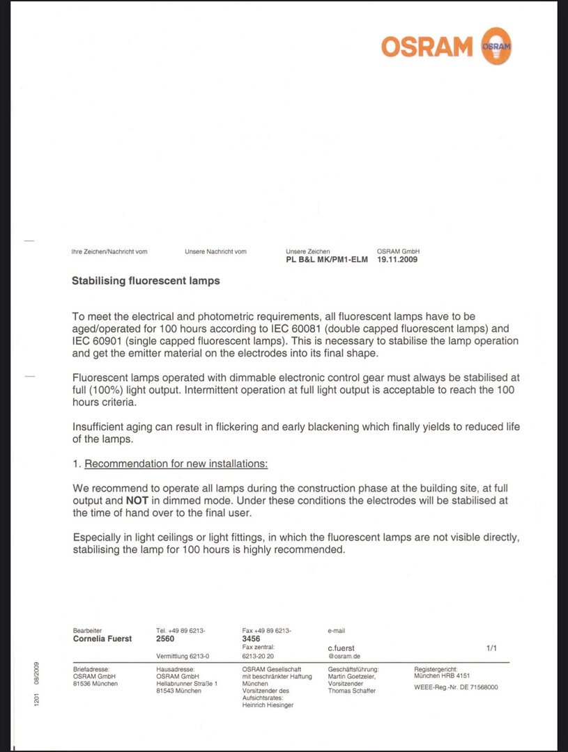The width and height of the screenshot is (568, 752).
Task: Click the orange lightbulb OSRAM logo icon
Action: click(496, 46)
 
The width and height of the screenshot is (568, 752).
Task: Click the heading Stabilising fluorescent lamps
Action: click(146, 281)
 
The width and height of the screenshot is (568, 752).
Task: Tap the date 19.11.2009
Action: click(398, 260)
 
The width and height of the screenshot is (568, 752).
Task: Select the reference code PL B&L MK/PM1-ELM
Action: click(327, 260)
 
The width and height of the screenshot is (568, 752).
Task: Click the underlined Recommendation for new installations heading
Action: click(176, 464)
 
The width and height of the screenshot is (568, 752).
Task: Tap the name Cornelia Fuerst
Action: click(102, 639)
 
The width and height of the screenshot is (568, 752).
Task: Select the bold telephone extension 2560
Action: click(166, 639)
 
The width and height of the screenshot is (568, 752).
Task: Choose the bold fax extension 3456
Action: click(252, 639)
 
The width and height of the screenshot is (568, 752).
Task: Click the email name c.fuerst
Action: click(341, 648)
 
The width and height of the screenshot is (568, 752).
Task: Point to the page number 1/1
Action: click(491, 648)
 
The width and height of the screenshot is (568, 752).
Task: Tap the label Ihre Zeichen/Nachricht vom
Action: click(109, 251)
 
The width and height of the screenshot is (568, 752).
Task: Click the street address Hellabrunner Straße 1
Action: click(187, 684)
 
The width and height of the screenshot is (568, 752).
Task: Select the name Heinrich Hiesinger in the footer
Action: click(268, 705)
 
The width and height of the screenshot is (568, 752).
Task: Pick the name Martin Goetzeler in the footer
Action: click(352, 676)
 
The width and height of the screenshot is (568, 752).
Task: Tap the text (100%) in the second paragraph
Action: click(107, 390)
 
